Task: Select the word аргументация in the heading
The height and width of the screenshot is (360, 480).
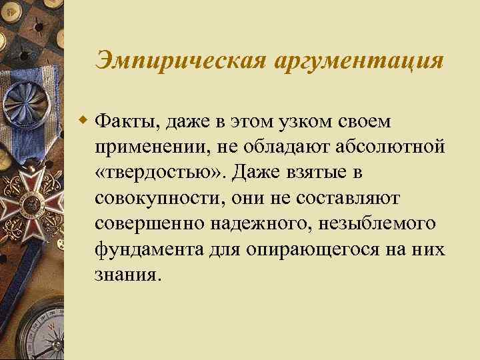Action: pyautogui.click(x=358, y=60)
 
